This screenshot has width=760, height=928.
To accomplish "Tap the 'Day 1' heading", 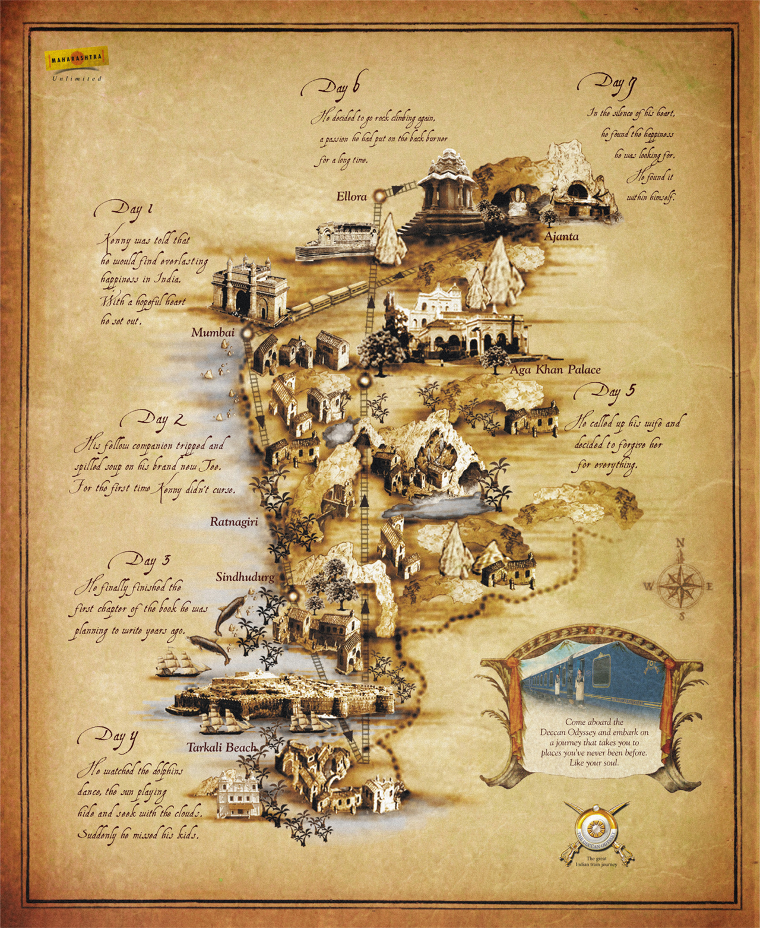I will click(x=123, y=210).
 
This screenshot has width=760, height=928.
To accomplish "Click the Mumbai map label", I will click(x=212, y=332).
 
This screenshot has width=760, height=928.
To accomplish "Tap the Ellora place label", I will click(x=351, y=197).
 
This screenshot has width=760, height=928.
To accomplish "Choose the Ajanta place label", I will click(x=561, y=236).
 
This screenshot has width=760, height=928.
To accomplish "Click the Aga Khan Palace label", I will click(x=555, y=369).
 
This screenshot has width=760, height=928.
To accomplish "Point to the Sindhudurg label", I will click(x=245, y=577).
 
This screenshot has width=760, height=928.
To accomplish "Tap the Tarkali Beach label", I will click(x=221, y=748).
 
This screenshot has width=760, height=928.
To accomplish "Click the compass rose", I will click(x=681, y=581).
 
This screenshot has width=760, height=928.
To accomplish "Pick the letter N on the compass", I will click(x=681, y=542).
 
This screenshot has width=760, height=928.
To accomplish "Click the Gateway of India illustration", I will click(x=249, y=291).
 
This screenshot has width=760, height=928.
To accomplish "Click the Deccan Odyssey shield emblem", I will click(x=596, y=830).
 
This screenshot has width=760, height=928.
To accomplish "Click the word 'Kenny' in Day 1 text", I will click(x=118, y=241).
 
